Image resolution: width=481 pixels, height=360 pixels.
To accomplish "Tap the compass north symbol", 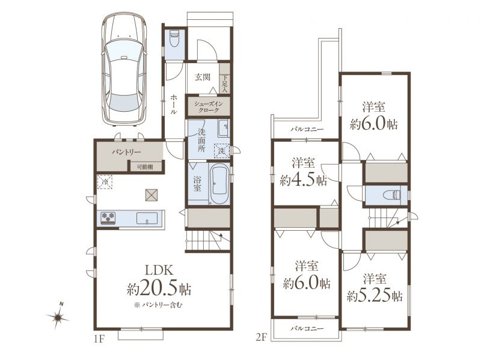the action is click(58, 317).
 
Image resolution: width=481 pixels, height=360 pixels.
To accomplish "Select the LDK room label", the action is click(159, 270).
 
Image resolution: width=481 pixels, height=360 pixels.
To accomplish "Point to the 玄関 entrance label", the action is click(203, 77).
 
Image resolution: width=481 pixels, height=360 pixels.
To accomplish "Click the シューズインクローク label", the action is click(208, 107).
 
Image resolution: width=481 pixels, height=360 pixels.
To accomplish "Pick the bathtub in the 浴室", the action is click(219, 183).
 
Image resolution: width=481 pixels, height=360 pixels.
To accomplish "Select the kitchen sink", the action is click(147, 218).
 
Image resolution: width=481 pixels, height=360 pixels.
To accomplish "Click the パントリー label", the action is click(126, 152).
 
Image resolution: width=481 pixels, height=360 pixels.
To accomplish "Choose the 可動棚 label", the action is click(145, 167).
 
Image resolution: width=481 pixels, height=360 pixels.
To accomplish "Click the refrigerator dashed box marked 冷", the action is click(105, 182).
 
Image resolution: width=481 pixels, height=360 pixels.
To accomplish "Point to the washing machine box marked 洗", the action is click(222, 151).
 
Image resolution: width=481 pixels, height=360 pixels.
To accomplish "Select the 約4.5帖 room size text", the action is click(303, 180).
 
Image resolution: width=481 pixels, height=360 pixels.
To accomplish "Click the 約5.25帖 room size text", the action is click(375, 296).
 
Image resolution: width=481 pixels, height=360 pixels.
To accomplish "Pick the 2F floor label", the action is click(260, 338).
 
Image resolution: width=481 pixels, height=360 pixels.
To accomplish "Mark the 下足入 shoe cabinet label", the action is click(225, 84).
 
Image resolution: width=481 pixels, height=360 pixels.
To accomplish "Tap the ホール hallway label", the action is click(174, 104).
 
